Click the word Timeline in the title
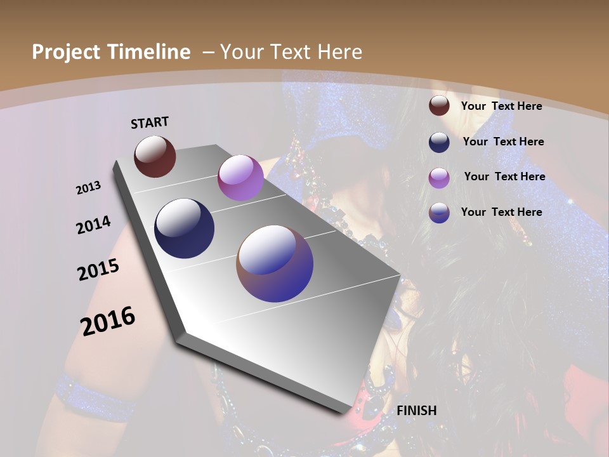coord(150,52)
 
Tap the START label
coord(150,123)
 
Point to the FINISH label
coord(417,411)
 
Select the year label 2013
coord(89,188)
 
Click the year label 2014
coord(93,225)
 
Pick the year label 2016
coord(108,321)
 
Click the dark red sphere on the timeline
coord(155,156)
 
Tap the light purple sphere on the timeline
coord(240,178)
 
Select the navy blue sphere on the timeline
coord(184,228)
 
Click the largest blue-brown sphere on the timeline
coord(275,263)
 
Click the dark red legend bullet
coord(439,106)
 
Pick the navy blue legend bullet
coord(439,142)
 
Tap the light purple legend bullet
coord(439,178)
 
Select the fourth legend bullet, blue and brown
coord(439,213)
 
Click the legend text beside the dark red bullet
coord(501,106)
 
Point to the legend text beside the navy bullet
coord(503,142)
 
